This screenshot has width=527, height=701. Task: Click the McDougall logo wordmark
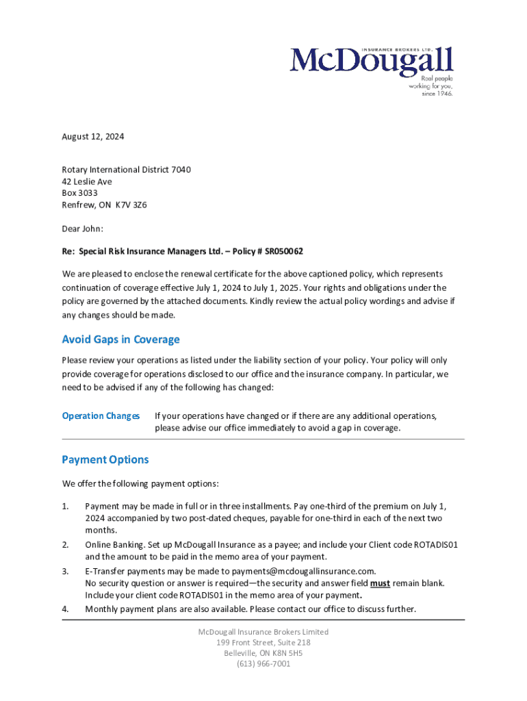tap(372, 60)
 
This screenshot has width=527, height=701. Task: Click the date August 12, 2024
tap(93, 137)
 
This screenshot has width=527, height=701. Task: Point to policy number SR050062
tap(279, 251)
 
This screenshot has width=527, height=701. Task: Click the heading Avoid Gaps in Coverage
tap(120, 340)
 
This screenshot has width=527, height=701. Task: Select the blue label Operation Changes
tap(101, 416)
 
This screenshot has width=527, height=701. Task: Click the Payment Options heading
tap(105, 459)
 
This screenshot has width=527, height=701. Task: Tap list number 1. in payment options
tap(66, 506)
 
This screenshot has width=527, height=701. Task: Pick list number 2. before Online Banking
tap(66, 544)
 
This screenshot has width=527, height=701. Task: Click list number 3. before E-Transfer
tap(66, 571)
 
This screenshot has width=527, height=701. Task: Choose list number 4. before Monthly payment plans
tap(66, 609)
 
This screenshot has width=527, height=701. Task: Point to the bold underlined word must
tap(380, 583)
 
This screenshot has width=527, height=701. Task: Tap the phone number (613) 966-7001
tap(263, 663)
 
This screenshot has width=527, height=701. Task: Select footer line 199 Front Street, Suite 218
tap(263, 642)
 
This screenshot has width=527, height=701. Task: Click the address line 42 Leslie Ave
tap(87, 181)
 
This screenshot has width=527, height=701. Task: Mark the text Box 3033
tap(79, 193)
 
